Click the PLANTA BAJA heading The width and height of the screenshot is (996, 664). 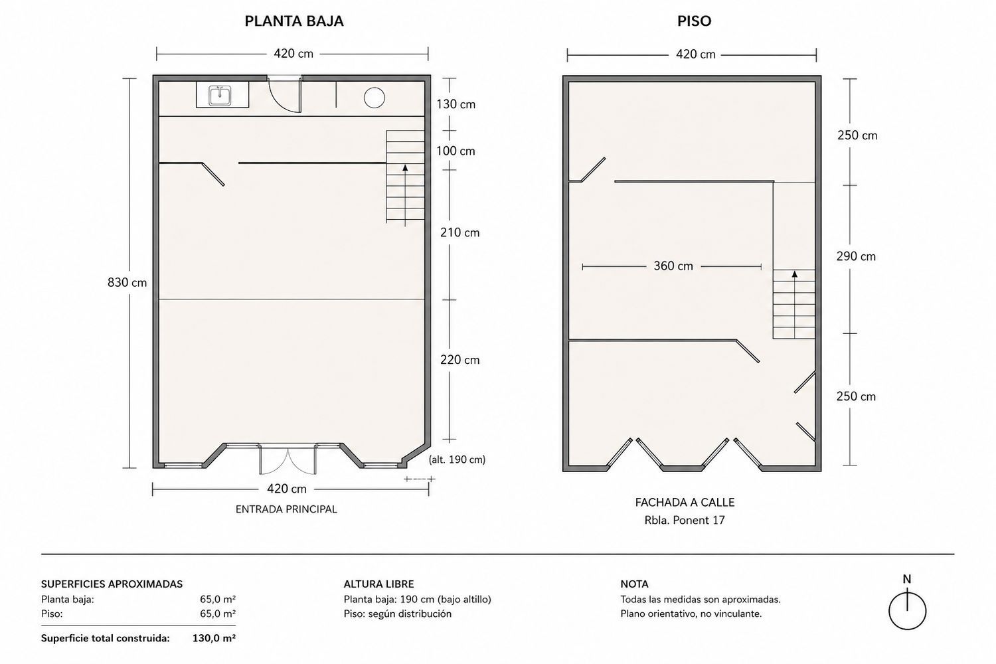(x=294, y=21)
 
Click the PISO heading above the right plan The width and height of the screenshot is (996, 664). (x=694, y=21)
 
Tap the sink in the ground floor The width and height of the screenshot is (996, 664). (x=220, y=96)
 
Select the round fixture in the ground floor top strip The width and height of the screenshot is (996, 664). (x=374, y=98)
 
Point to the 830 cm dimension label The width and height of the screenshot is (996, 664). (x=127, y=282)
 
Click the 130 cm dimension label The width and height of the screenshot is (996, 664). (x=456, y=104)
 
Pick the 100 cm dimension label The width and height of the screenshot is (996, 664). (x=456, y=151)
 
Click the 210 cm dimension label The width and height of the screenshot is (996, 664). (x=459, y=232)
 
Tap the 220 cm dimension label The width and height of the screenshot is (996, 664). (x=459, y=360)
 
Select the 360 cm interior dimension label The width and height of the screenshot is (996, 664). (x=673, y=266)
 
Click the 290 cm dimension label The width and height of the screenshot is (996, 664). (x=856, y=256)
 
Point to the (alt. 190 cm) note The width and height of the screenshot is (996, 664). (x=457, y=459)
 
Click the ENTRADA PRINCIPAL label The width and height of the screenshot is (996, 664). (x=286, y=509)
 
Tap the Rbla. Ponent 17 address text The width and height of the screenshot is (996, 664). (x=685, y=520)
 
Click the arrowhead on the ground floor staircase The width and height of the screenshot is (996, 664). (x=405, y=168)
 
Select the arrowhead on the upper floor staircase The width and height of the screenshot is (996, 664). (x=795, y=274)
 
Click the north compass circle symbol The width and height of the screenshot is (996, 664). (x=907, y=611)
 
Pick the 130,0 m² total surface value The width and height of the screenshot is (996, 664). (x=214, y=638)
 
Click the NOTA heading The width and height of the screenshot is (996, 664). (x=635, y=584)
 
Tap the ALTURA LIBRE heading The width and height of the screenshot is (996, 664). (x=379, y=584)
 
